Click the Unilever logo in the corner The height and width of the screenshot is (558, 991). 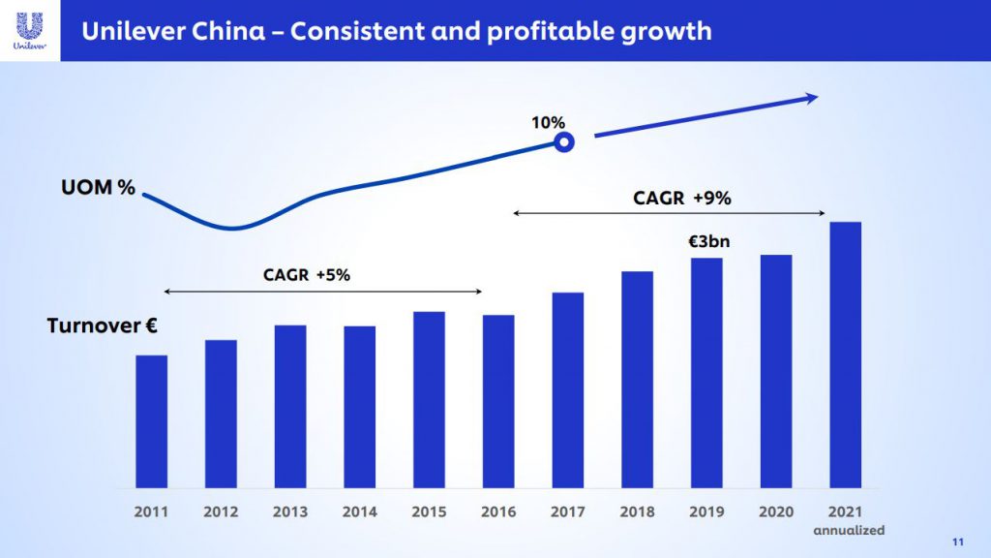29,29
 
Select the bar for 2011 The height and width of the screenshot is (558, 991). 152,420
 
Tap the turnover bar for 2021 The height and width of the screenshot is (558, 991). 845,354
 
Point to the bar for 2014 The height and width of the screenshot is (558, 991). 360,406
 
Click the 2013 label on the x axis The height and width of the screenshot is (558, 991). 290,511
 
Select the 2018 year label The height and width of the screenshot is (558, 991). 637,511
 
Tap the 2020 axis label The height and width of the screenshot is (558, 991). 776,511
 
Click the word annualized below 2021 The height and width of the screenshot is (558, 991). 849,530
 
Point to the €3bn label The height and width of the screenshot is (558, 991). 709,241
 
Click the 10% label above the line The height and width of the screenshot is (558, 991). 548,122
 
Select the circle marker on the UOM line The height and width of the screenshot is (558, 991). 564,143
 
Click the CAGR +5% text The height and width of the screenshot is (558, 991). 307,275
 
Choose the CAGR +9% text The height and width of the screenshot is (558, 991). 682,199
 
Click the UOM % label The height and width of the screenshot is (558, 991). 99,188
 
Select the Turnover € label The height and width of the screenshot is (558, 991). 102,326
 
